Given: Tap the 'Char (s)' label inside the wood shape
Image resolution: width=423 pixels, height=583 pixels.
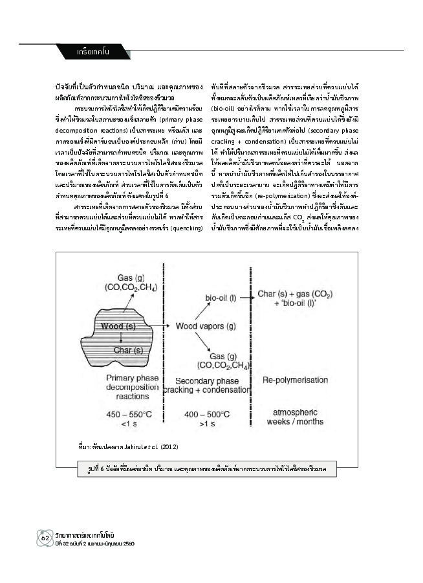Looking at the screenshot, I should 126,350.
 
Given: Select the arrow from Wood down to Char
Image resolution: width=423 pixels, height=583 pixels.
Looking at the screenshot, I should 120,338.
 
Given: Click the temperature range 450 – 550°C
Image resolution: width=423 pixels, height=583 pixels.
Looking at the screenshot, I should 128,413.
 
